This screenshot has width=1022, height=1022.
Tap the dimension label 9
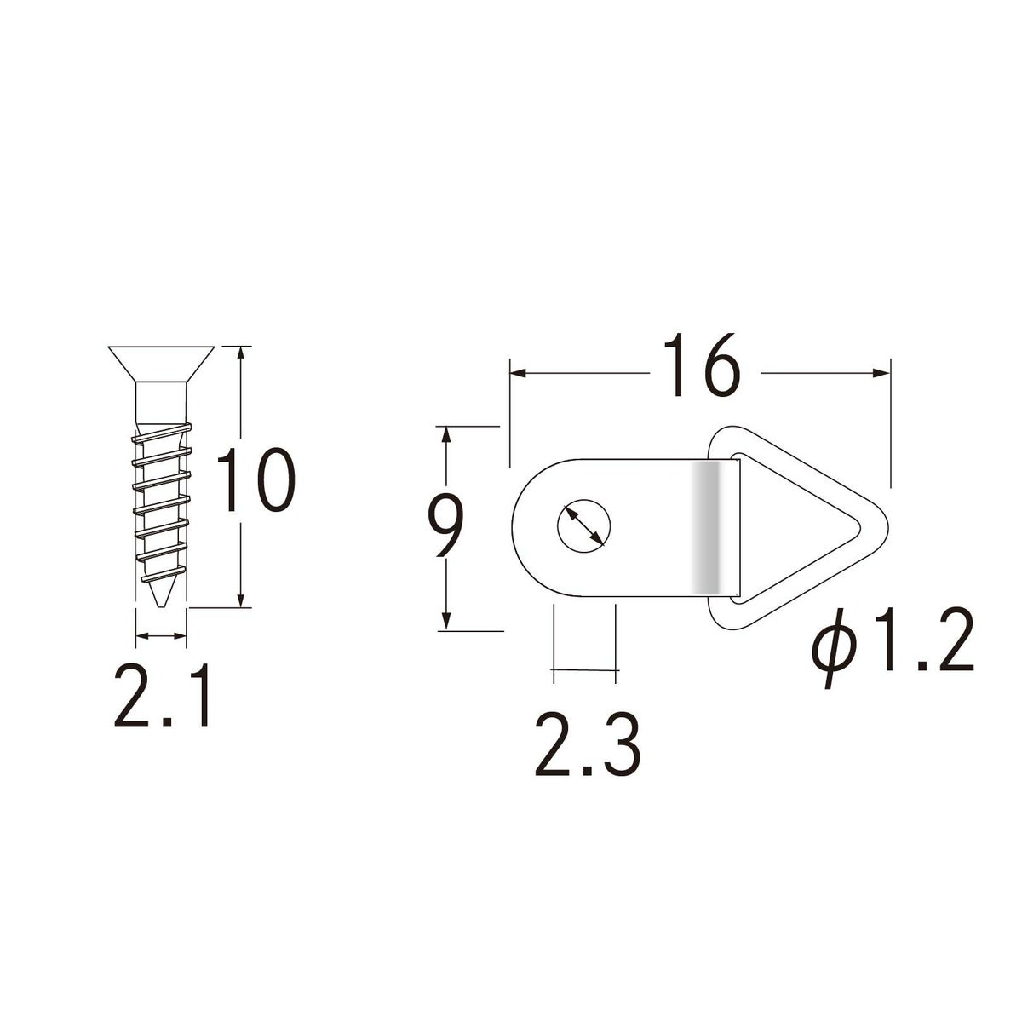pos(445,525)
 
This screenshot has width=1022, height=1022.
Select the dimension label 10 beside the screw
pos(255,480)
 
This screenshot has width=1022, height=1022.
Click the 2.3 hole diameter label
pos(588,744)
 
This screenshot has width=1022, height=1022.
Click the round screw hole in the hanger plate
pos(583,526)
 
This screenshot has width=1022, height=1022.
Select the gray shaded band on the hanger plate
pos(706,528)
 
